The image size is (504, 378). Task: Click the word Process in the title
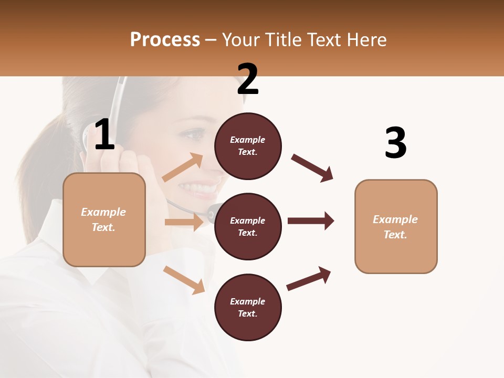(165, 40)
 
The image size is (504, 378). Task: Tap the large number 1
(104, 135)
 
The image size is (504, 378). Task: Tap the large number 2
(247, 79)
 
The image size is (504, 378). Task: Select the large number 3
(395, 143)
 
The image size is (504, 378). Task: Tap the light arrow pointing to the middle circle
(184, 222)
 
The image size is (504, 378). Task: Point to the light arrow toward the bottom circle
(184, 280)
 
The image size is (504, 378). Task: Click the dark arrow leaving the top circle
(312, 168)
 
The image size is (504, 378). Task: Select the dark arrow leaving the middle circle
(311, 220)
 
